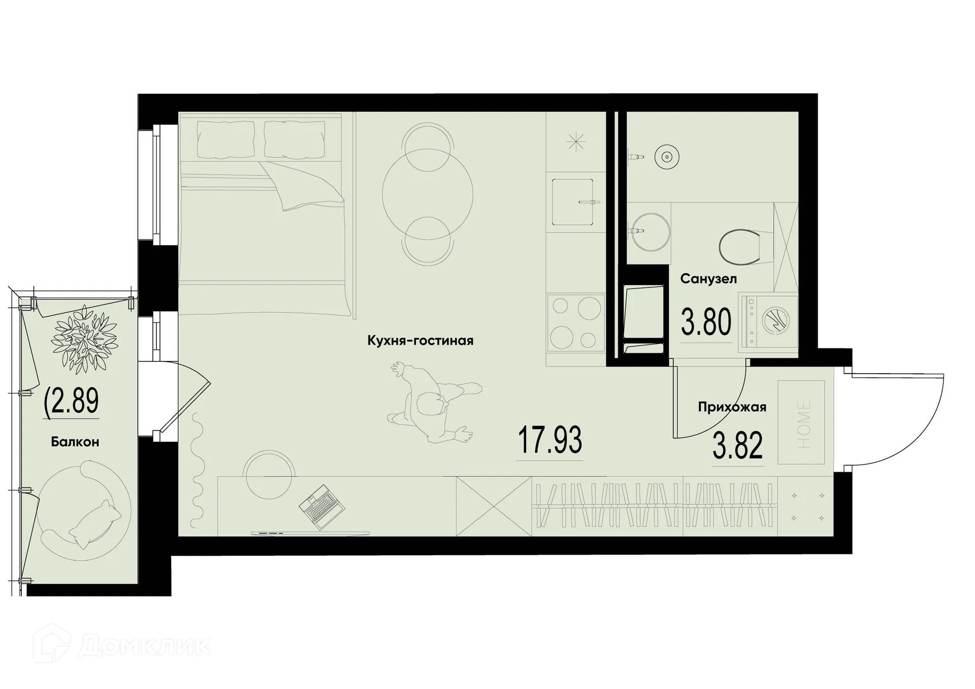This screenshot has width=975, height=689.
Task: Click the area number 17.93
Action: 549,441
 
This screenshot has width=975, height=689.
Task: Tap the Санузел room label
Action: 708,279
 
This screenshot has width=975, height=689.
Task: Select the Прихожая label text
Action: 732,407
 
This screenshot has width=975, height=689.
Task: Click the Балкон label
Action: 75,442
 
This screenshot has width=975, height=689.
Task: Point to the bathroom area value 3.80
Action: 706,323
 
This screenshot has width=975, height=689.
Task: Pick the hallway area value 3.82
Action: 737,446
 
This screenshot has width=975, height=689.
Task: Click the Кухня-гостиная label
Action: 420,341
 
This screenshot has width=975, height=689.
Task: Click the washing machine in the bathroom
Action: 768,322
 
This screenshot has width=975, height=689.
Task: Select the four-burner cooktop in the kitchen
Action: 575,322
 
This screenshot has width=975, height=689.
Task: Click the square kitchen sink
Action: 572,202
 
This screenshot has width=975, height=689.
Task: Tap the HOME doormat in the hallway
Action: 801,422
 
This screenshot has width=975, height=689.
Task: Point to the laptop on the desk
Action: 322,507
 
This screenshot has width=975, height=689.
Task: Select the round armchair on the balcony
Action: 84,510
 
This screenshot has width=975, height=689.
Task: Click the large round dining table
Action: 428,194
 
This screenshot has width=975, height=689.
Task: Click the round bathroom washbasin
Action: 650,232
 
